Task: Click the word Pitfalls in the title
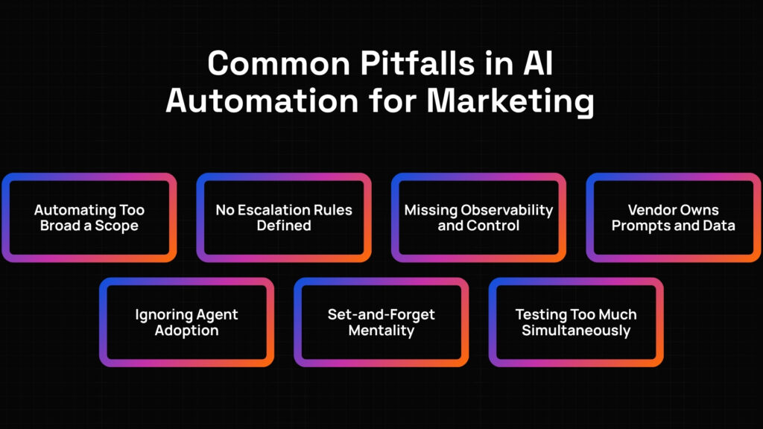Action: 417,63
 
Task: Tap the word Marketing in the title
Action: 510,102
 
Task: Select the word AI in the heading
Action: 538,63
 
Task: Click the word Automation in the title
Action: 262,101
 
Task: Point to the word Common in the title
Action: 279,64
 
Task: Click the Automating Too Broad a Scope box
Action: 89,217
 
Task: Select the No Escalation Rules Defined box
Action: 284,217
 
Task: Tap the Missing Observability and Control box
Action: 478,217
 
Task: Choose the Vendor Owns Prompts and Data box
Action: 674,217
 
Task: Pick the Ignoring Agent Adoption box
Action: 186,322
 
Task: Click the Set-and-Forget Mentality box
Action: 381,322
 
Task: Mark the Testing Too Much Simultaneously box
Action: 576,322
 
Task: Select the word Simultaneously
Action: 576,331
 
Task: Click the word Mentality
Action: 381,331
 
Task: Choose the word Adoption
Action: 186,331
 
